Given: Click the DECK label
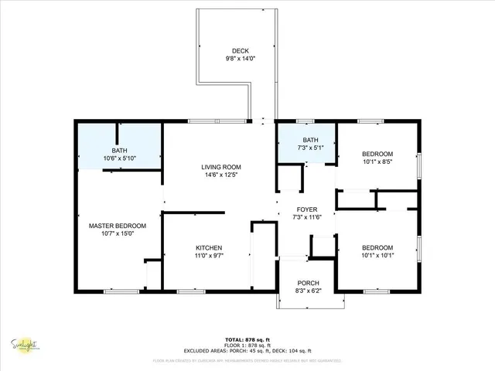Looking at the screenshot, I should coord(229,51).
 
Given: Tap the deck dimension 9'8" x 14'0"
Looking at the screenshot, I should coord(229,59).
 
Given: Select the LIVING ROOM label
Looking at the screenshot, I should coord(221,167).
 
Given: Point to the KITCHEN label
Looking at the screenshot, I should coord(209,247).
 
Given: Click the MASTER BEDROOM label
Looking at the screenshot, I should coord(118,226).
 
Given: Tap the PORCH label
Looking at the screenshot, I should coord(307,284).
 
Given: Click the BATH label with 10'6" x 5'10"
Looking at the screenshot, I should coord(119,151).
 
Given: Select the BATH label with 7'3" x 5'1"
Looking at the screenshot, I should coord(307,139).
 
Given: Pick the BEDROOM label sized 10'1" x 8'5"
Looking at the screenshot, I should coord(377,154).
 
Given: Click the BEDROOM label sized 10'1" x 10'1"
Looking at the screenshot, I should coord(377,248).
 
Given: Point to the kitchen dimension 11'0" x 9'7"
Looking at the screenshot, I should coord(209,255).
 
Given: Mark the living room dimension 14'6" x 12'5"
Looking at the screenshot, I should coord(221,175).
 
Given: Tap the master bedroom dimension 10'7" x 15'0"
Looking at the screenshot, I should coord(118,233).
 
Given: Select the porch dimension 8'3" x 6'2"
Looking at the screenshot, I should coord(307,291).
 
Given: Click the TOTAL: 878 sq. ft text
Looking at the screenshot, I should coord(247,340).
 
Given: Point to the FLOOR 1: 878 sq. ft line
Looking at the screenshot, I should coord(247,345).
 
